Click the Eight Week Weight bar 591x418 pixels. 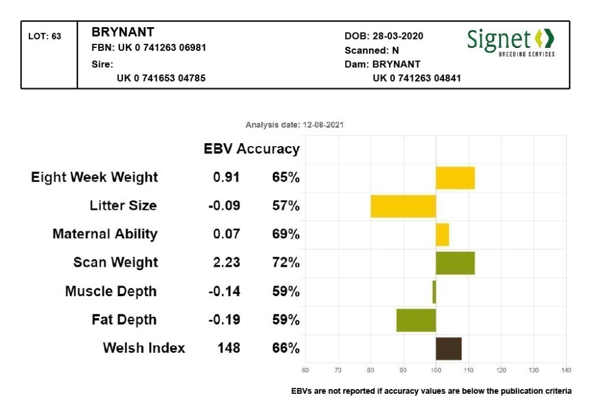tap(455, 178)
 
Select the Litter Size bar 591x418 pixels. tap(403, 206)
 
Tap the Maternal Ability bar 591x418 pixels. tap(442, 235)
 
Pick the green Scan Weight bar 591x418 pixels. tap(455, 263)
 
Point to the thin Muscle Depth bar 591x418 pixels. tap(434, 291)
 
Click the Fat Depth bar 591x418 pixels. tap(416, 320)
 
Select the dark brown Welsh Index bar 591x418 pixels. tap(449, 348)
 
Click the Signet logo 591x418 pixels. tap(511, 41)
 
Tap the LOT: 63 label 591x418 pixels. tap(45, 36)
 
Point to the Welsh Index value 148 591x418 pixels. tap(229, 348)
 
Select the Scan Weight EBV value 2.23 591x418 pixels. tap(227, 263)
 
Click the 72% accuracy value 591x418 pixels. tap(286, 263)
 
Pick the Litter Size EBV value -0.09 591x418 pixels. tap(225, 206)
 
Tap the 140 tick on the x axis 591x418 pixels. tap(566, 371)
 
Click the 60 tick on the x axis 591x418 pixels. tap(306, 371)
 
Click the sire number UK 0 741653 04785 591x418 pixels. tap(161, 78)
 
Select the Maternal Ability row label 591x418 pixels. tap(105, 234)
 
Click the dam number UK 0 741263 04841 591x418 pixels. tap(417, 78)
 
